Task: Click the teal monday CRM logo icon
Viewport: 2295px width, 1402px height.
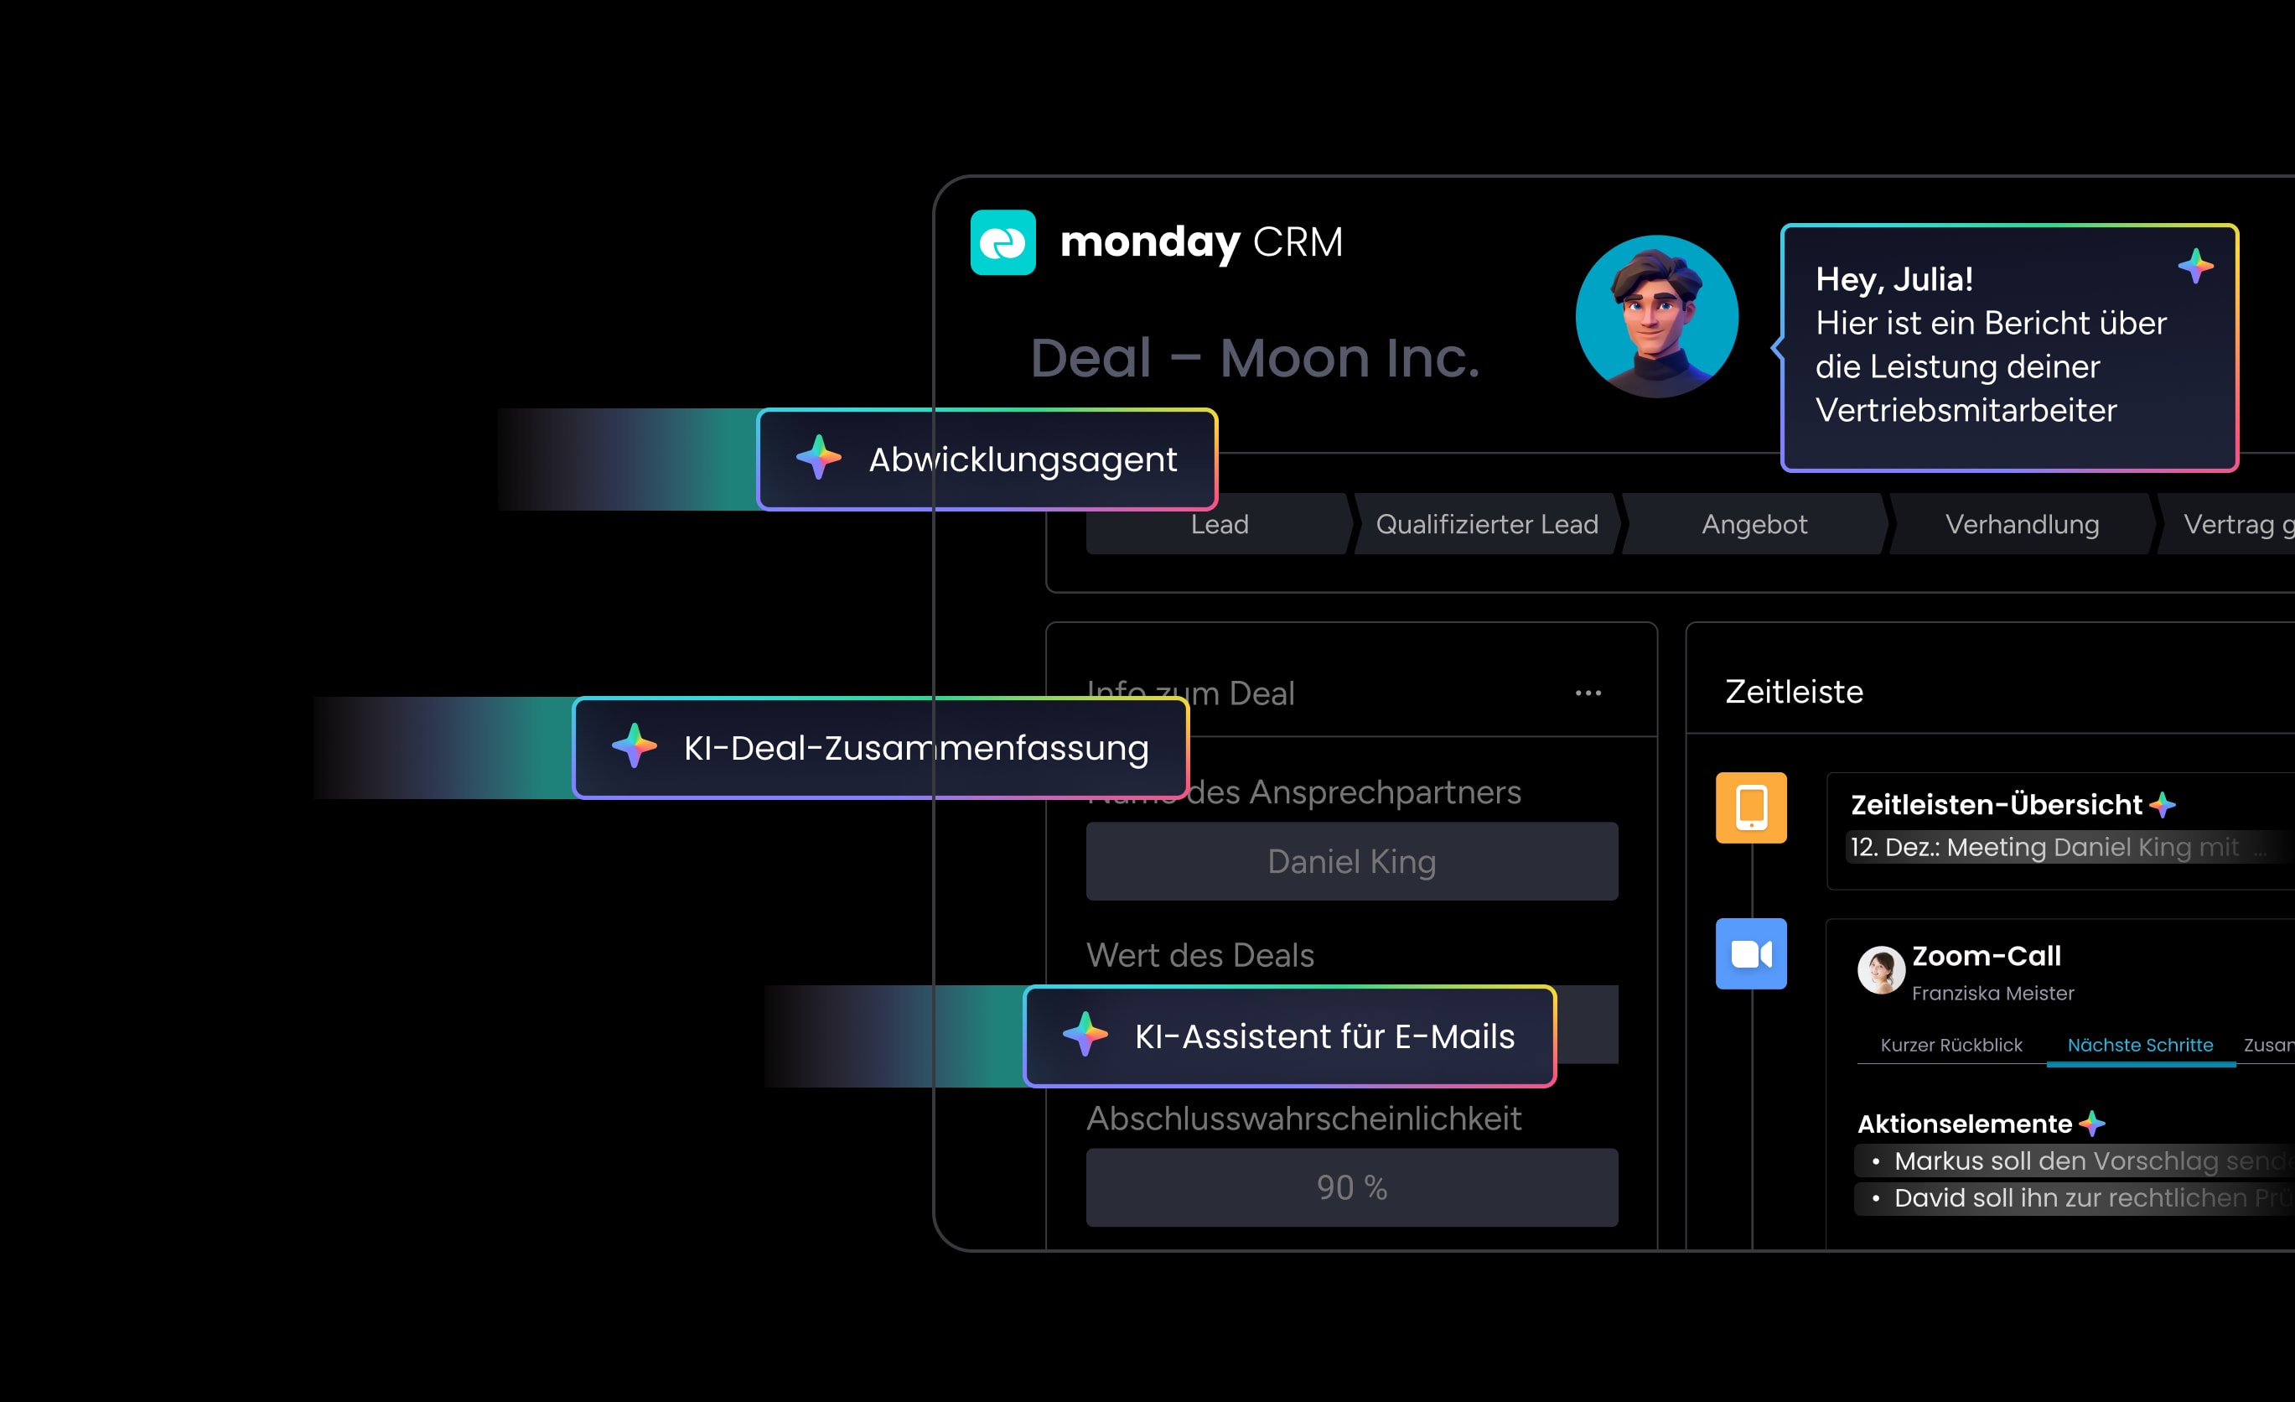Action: click(1002, 242)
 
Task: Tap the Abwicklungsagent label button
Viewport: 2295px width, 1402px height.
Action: click(987, 460)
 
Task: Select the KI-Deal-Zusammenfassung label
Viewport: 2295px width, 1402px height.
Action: click(880, 748)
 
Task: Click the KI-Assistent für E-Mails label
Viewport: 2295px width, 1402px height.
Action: click(1289, 1036)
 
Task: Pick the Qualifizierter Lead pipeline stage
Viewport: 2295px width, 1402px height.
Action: click(1486, 524)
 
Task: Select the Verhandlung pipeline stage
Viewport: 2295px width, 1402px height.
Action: click(2021, 524)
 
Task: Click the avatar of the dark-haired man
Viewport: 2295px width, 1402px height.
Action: click(1656, 317)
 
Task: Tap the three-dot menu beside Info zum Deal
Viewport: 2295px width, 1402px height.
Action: click(1588, 693)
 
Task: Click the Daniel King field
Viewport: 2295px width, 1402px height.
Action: click(1351, 862)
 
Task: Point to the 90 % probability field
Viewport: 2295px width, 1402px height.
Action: click(1351, 1187)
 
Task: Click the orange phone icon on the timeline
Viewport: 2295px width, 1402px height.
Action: click(1751, 807)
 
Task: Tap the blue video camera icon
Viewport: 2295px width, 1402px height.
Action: click(1751, 954)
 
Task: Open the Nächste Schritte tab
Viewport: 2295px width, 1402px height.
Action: click(2139, 1046)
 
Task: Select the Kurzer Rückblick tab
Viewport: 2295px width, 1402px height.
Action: click(1951, 1046)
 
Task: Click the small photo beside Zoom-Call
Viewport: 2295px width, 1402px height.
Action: click(1881, 970)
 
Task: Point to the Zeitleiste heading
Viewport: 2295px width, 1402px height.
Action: click(1794, 692)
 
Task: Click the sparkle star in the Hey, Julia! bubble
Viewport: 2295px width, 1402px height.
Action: click(2195, 267)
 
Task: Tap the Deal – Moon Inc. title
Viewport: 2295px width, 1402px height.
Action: click(1255, 359)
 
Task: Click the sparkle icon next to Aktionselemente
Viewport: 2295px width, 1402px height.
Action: click(2092, 1124)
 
